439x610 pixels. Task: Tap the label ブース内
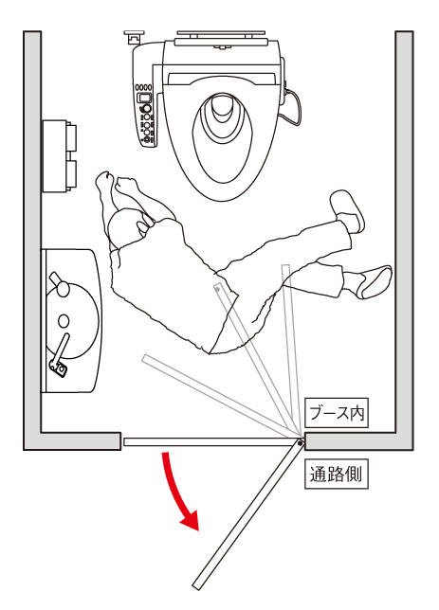(x=337, y=413)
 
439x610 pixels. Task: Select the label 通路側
(x=337, y=475)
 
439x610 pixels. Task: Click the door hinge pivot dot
(x=300, y=442)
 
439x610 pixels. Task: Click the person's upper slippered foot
(x=347, y=209)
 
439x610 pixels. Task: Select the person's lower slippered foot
(x=374, y=281)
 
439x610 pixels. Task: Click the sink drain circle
(x=64, y=321)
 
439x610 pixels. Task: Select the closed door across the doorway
(x=210, y=442)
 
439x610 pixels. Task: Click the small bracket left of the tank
(x=132, y=38)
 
